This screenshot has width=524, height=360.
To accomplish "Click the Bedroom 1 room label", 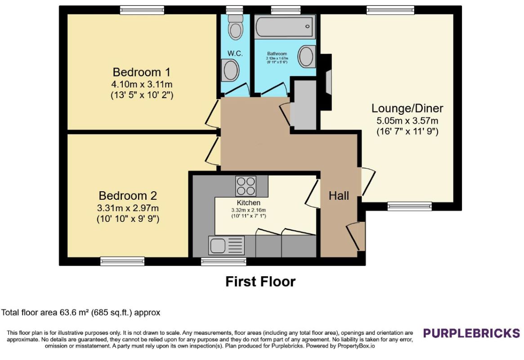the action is click(x=141, y=72).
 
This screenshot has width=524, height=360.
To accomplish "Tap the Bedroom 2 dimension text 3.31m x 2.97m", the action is click(x=128, y=208).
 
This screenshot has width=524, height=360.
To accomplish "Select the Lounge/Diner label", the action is click(x=408, y=108).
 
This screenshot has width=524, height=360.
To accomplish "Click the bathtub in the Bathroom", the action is click(x=285, y=27).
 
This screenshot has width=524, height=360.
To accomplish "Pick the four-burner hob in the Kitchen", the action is click(x=246, y=186).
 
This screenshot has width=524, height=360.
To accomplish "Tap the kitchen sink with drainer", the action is click(x=227, y=245).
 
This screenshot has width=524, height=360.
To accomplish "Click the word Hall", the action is click(x=339, y=196).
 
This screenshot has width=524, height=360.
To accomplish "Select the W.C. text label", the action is click(x=235, y=54).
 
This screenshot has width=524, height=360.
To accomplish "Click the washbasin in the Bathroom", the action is click(x=306, y=57).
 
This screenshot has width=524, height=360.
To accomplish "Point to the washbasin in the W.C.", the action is click(x=230, y=70).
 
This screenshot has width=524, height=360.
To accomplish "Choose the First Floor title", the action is click(x=261, y=282).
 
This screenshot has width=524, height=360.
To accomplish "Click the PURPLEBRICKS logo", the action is click(x=471, y=333).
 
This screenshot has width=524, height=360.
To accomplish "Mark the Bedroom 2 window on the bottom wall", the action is click(x=123, y=261).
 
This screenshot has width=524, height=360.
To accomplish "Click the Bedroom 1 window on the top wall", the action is click(x=142, y=10).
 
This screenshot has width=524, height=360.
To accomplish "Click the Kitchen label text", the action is click(x=249, y=203).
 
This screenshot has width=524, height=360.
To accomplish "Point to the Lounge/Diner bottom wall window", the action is click(x=410, y=206).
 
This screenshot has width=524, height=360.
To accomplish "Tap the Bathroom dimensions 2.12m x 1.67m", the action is click(x=277, y=58).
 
